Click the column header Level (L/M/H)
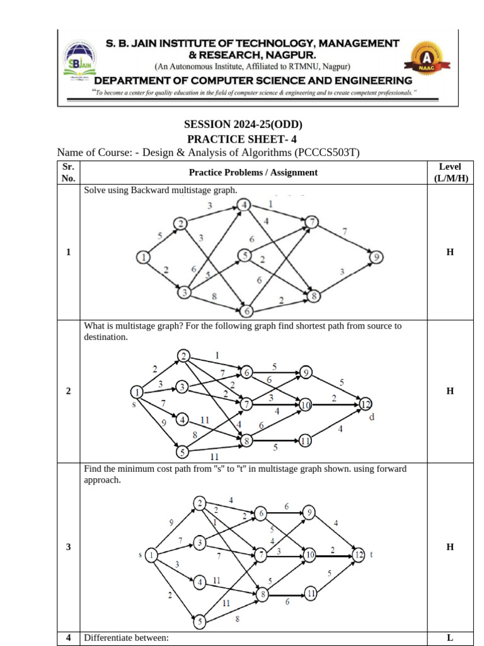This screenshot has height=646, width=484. coord(450,172)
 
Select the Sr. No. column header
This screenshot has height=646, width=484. coord(68,172)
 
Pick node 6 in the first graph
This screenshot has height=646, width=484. coord(246,311)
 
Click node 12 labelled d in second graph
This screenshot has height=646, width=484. coord(366,404)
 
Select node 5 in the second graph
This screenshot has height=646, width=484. coord(182,452)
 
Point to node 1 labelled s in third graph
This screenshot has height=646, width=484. coord(152,555)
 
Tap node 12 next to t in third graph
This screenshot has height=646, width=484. coord(358,555)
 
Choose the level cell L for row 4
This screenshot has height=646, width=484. coord(450,638)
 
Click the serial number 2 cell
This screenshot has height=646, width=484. coord(68,391)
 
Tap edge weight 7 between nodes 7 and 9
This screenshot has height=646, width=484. coord(344,231)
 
